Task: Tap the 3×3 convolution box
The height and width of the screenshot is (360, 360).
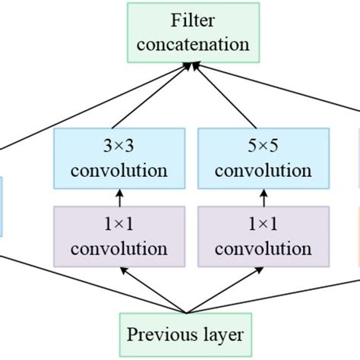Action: (x=118, y=158)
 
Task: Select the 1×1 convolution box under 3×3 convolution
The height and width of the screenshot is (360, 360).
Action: (x=118, y=237)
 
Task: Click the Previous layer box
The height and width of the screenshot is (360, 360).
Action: (x=185, y=335)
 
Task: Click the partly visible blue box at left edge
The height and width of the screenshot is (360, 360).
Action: (x=2, y=206)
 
